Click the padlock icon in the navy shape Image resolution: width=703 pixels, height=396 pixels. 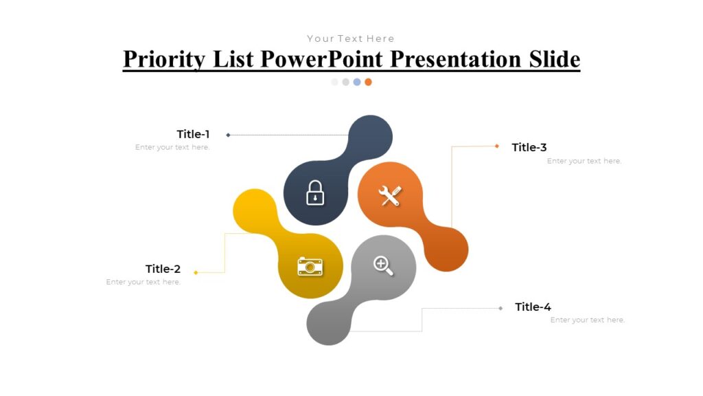pos(315,192)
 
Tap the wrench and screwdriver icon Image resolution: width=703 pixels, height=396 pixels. pos(389,196)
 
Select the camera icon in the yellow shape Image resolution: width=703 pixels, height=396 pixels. pos(310,267)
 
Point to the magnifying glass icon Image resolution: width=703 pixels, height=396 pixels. pos(383,265)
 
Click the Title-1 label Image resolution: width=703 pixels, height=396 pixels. pos(193,134)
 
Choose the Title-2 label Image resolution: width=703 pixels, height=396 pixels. pos(163,269)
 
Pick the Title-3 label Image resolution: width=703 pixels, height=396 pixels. pos(529,147)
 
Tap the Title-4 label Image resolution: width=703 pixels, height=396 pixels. pos(533,307)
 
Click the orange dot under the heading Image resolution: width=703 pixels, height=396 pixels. pos(368,82)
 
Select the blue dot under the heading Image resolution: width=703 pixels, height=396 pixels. pos(357,82)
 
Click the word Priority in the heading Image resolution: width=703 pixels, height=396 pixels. pos(163,59)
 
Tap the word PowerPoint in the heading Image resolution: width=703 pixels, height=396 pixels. pos(323,59)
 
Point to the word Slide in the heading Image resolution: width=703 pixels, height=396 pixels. pos(554,59)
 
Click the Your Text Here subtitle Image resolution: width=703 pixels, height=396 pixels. pos(351,38)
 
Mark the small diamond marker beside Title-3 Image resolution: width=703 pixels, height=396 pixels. pos(497,146)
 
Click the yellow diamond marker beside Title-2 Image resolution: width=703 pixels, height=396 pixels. pos(196,272)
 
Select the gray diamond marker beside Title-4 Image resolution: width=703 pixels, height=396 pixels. pos(500,308)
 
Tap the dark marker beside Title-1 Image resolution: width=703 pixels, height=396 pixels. pos(228,135)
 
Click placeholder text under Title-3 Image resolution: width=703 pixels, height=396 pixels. pos(584,161)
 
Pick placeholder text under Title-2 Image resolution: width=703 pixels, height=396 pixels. pos(143,282)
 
